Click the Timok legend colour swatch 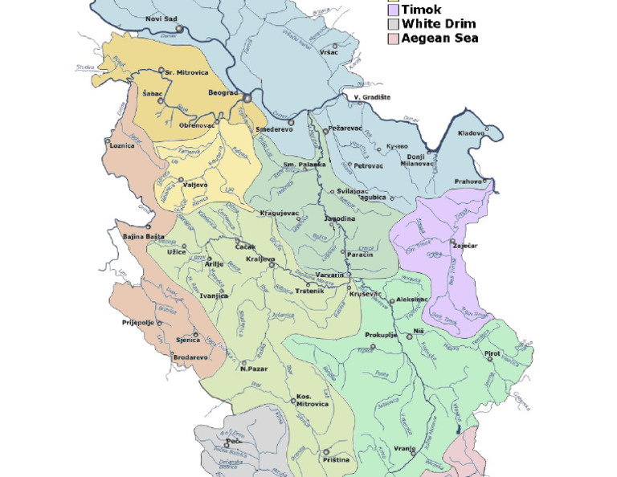393,10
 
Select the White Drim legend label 438,24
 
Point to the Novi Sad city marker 180,29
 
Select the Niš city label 418,331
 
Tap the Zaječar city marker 452,242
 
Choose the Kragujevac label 280,213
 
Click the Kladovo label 472,133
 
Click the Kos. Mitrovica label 313,400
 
